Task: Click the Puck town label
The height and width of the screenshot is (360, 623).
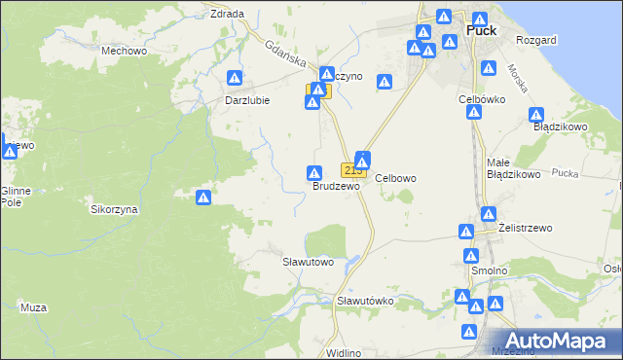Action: (482, 30)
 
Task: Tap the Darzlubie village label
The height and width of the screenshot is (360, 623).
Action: (246, 100)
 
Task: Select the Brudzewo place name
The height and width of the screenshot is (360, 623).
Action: (336, 185)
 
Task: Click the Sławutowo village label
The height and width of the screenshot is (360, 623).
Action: (308, 262)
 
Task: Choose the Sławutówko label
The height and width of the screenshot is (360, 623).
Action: (364, 301)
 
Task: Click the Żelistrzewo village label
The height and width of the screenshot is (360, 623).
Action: (525, 228)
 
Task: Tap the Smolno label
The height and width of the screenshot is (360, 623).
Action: (490, 271)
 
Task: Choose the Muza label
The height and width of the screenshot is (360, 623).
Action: (33, 307)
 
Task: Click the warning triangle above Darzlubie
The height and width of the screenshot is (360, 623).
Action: (235, 78)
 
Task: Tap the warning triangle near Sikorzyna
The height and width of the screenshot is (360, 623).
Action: (203, 198)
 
